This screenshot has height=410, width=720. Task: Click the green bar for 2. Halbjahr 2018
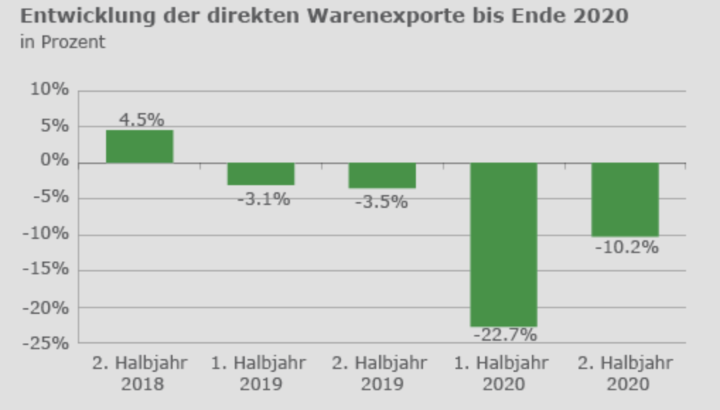pos(139,146)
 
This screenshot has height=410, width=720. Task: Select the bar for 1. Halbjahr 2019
pos(261,174)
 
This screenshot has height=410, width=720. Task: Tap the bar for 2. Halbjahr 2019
pos(382,175)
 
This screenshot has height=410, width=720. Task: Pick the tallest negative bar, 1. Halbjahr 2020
pos(504,244)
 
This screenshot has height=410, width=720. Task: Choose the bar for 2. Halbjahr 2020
pos(625,199)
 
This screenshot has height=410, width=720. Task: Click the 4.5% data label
pos(141,119)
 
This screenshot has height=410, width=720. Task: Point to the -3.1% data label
pos(263,199)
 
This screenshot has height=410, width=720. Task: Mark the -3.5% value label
pos(381,202)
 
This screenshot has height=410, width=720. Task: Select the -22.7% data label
pos(505,334)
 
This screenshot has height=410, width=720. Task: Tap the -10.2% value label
pos(626,247)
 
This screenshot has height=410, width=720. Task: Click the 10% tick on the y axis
pos(50,90)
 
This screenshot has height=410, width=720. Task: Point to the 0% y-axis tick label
pos(54,162)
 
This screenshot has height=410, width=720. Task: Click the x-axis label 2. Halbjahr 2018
pos(139,374)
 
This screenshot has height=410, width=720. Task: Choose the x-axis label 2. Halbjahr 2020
pos(625,374)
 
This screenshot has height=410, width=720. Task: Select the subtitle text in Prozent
pos(63,42)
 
